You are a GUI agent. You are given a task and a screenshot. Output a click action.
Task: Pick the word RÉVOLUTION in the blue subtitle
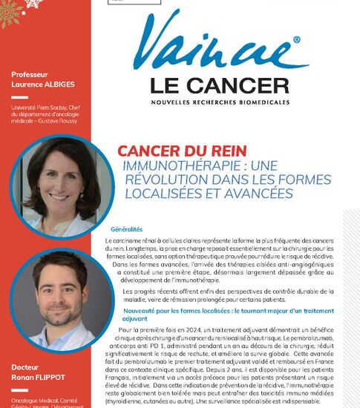pyautogui.click(x=161, y=180)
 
